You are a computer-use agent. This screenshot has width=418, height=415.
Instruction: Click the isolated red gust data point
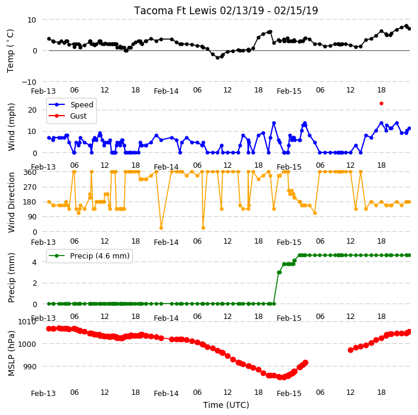pyautogui.click(x=381, y=104)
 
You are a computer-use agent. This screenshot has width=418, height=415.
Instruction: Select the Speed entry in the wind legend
pyautogui.click(x=81, y=104)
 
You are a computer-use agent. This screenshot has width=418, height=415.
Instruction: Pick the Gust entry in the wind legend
pyautogui.click(x=78, y=116)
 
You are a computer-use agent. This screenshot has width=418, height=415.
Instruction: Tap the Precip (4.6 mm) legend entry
pyautogui.click(x=100, y=256)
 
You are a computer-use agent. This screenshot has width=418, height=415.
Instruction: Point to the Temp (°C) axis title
pyautogui.click(x=10, y=51)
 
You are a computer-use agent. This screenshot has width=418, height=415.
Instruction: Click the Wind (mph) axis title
pyautogui.click(x=11, y=127)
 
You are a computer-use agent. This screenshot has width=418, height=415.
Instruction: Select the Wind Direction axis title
pyautogui.click(x=11, y=202)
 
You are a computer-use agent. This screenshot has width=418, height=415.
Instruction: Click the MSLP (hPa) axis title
pyautogui.click(x=11, y=353)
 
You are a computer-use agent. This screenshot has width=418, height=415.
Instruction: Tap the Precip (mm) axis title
pyautogui.click(x=11, y=277)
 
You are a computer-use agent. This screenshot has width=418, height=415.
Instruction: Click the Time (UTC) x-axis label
pyautogui.click(x=226, y=405)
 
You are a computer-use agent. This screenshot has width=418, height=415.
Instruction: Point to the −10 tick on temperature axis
pyautogui.click(x=29, y=82)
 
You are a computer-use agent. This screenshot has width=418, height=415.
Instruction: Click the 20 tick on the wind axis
pyautogui.click(x=32, y=110)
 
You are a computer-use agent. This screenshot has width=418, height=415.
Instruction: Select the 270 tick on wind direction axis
pyautogui.click(x=30, y=187)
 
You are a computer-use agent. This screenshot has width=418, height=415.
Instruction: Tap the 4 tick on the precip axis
pyautogui.click(x=34, y=262)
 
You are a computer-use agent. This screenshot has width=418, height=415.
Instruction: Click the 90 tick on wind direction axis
pyautogui.click(x=32, y=217)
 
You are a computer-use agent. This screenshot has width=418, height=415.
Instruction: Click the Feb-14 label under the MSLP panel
pyautogui.click(x=166, y=394)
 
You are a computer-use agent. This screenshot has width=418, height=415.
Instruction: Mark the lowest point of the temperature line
pyautogui.click(x=217, y=58)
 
